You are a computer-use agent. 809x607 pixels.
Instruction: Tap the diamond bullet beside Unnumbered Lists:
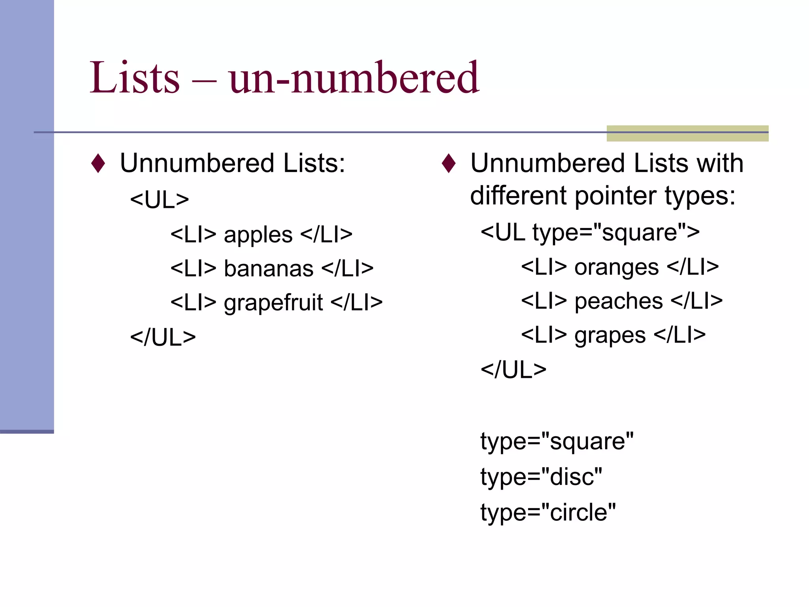tap(98, 163)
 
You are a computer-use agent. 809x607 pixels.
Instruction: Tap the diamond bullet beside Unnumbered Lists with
tap(449, 163)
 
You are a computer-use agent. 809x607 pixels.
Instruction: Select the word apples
tap(258, 235)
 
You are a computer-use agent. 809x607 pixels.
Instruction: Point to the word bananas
tap(269, 269)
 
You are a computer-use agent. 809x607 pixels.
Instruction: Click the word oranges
tap(616, 268)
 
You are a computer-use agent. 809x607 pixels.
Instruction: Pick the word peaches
tap(619, 302)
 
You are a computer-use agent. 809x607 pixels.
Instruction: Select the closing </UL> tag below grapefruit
tap(163, 338)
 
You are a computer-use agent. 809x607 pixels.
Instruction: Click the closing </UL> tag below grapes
tap(513, 370)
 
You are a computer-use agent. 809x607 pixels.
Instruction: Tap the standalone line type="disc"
tap(541, 477)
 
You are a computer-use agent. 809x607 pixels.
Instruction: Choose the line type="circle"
tap(548, 513)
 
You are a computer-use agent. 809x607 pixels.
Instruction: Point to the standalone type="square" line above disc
tap(557, 441)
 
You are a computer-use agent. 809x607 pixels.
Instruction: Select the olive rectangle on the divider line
tap(687, 133)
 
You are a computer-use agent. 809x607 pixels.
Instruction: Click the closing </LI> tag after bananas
tap(347, 269)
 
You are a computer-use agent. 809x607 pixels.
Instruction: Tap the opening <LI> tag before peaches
tap(544, 302)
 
